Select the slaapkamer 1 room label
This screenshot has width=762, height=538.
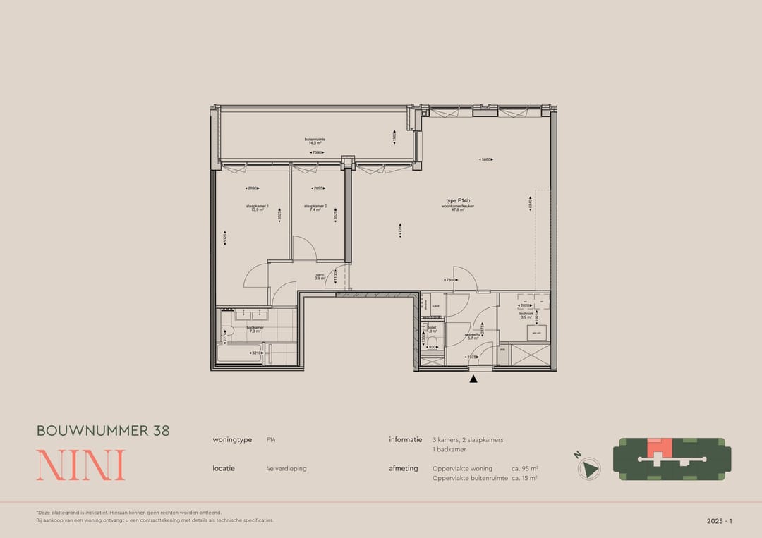258,208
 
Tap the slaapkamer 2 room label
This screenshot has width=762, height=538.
315,208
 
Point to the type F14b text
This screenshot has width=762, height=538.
457,200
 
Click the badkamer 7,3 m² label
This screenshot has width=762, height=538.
255,329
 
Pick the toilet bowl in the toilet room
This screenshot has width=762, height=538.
433,343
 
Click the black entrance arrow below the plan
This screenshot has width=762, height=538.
473,379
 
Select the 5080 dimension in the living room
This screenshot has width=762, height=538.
485,159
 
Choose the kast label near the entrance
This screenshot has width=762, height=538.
436,306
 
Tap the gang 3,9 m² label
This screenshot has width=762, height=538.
320,277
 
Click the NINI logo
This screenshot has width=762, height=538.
80,465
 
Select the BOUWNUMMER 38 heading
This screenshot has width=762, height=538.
103,431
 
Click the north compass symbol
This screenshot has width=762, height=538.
588,468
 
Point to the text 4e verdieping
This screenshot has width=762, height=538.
286,468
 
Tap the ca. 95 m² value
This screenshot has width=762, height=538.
525,468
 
